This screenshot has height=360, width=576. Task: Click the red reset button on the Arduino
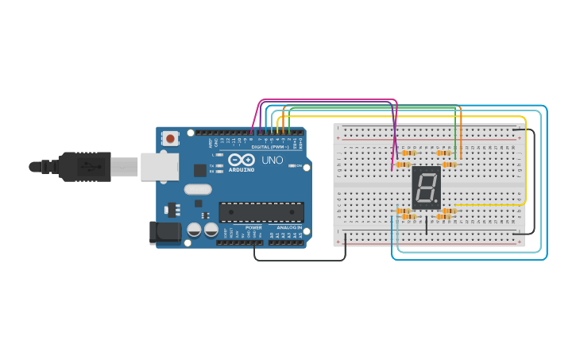pos(169,138)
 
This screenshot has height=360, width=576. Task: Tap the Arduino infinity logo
pos(241,160)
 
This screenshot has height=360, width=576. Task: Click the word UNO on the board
pos(272,160)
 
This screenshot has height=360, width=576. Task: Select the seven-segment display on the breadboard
pos(426,188)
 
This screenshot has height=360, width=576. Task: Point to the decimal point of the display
pos(436,202)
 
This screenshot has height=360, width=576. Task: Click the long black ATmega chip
pos(261,211)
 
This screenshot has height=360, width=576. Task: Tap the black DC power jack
pos(166,232)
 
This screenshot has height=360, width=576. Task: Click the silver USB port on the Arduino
pos(159,167)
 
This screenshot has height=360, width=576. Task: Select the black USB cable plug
pos(83,167)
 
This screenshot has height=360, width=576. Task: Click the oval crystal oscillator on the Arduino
pos(198,189)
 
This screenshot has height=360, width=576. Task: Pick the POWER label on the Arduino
pos(253,227)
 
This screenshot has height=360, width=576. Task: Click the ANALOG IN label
pos(289,227)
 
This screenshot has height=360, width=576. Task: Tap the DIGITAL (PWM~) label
pos(268,147)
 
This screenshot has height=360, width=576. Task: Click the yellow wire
pos(525,159)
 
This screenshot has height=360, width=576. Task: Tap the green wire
pos(373,106)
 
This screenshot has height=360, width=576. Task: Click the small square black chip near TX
pos(199,170)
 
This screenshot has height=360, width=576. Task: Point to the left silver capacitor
pos(194,230)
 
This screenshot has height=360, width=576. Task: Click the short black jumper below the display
pos(427,223)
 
